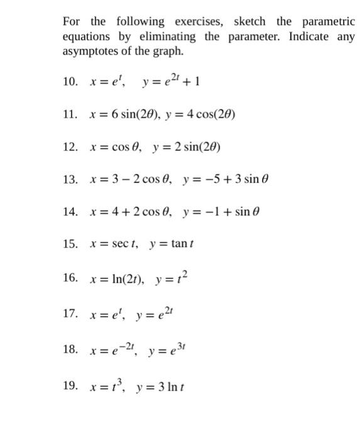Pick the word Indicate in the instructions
[x=309, y=36]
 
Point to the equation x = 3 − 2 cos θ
[x=129, y=180]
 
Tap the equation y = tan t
[x=169, y=246]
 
